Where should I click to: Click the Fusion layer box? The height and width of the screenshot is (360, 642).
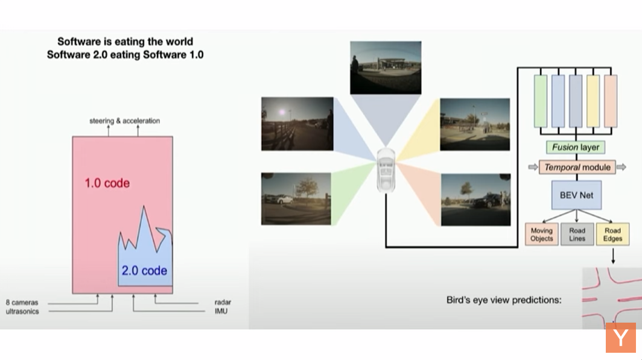(x=575, y=147)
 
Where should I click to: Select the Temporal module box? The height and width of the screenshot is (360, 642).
(x=577, y=167)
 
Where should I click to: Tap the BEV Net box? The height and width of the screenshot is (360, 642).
(x=576, y=195)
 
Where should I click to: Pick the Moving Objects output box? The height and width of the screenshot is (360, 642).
(x=542, y=235)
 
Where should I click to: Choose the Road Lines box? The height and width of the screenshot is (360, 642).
(x=577, y=235)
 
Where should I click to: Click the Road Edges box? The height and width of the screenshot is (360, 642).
(x=612, y=235)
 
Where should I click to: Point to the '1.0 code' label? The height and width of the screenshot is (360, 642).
(x=107, y=183)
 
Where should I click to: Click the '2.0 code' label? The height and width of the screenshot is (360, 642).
(x=144, y=270)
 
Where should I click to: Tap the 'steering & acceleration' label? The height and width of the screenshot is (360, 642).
(x=125, y=121)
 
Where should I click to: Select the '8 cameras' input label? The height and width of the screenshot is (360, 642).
(x=22, y=302)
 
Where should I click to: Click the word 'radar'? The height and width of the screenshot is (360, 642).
(x=223, y=302)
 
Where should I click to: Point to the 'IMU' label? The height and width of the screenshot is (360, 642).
(x=221, y=311)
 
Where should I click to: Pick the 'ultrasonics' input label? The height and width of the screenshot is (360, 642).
(x=22, y=311)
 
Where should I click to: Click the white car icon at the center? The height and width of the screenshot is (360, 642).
(x=386, y=170)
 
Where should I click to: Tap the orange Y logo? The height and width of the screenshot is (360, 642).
(x=621, y=338)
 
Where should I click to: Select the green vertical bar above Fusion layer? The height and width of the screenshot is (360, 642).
(x=541, y=101)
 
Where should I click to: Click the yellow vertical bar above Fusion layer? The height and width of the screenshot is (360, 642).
(x=593, y=101)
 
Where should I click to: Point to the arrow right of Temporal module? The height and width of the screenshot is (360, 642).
(x=621, y=167)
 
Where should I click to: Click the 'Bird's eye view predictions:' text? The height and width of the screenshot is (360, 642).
(x=504, y=300)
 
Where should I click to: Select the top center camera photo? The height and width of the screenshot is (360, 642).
(x=386, y=68)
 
